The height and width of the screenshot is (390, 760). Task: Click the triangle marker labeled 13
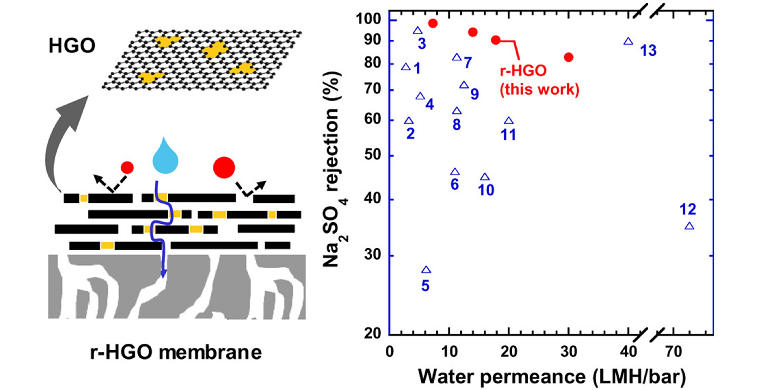tap(628, 42)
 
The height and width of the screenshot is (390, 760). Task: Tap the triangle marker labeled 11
tap(509, 121)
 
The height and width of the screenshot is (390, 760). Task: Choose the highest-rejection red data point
tap(433, 23)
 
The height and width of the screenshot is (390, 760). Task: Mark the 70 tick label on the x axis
tap(674, 352)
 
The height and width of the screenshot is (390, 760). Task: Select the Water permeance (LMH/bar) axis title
tap(552, 377)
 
